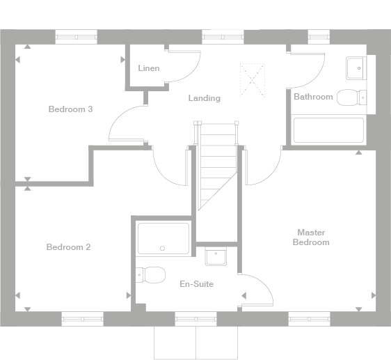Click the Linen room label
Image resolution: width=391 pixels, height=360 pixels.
pos(149,68)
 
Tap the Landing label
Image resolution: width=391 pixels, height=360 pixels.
pos(205,98)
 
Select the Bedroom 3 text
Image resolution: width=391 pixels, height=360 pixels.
pos(70,109)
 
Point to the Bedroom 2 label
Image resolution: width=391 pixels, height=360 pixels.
pos(69,247)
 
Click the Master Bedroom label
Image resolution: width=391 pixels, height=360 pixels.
pos(311,237)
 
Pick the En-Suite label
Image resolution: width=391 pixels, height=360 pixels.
pos(196,284)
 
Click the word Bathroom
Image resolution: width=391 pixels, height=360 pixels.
pos(313,97)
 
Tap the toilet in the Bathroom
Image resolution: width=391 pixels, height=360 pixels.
pos(351,97)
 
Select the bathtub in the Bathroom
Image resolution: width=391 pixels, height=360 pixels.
pos(328,130)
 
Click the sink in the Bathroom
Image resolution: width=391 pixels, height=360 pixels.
pos(356,68)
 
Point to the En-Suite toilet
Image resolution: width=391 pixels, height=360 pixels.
pos(150,275)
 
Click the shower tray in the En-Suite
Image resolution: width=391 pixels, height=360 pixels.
pos(163,238)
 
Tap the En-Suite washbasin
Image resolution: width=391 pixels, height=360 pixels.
pos(216,256)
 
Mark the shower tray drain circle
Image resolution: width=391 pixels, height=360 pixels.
pos(162,248)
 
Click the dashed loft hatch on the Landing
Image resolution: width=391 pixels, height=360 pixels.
pos(252,80)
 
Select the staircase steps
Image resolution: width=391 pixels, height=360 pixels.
pos(218,165)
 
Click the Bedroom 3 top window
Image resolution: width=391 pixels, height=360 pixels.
pos(76,37)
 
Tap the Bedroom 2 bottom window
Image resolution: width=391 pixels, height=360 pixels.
pos(83,319)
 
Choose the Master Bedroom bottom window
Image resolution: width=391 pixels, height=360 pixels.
pos(309,319)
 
